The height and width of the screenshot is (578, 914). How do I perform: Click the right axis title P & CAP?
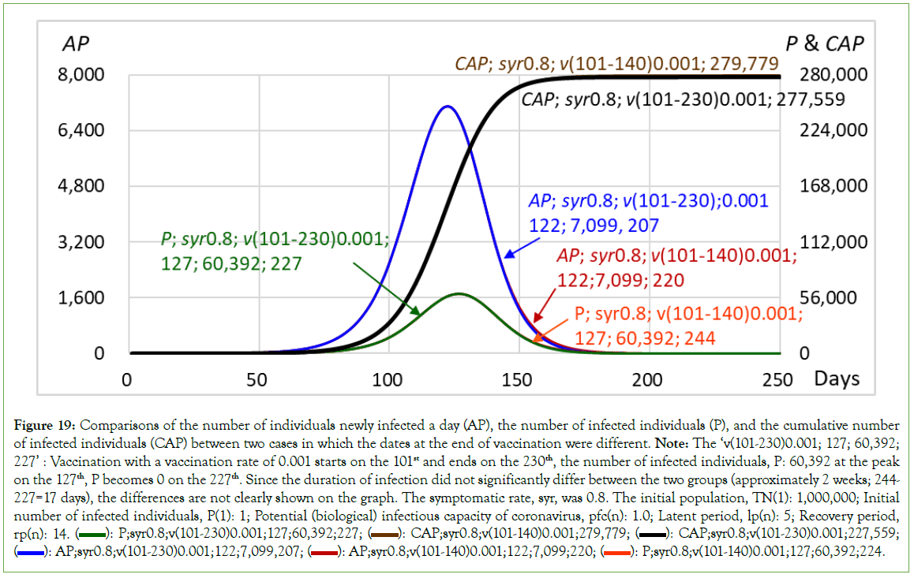tap(824, 43)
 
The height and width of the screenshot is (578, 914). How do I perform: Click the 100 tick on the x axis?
tap(388, 379)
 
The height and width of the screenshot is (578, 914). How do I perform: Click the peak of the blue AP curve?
tap(447, 106)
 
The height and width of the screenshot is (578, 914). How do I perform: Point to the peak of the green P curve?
tap(458, 294)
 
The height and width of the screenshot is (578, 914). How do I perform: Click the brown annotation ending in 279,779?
tap(616, 64)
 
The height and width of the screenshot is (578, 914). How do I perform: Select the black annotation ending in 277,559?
tap(683, 100)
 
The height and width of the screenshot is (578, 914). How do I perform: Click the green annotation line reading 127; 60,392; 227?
tap(231, 264)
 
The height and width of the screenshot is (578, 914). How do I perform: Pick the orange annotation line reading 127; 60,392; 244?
tap(645, 338)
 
